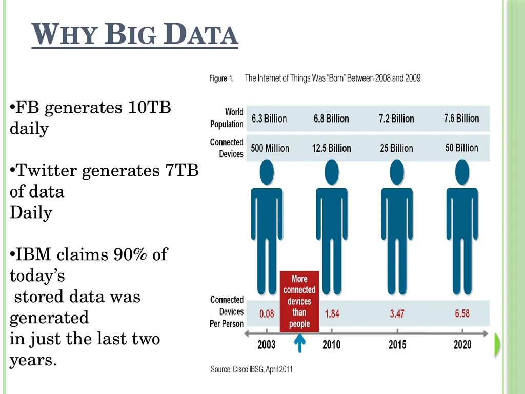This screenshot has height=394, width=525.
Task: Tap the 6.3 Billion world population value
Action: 269,119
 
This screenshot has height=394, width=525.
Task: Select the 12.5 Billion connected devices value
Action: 332,148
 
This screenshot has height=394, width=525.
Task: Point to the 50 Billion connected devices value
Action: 462,148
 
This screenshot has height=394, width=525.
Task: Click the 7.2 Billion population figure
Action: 396,119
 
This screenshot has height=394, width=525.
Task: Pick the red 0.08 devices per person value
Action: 267,314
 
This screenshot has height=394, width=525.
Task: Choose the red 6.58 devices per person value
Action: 462,313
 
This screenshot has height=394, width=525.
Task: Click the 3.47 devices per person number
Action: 397,314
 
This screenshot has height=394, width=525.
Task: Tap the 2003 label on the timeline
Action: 267,344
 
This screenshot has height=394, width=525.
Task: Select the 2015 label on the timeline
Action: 397,344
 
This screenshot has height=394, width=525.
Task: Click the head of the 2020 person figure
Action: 462,172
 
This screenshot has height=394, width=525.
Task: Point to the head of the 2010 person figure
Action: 332,172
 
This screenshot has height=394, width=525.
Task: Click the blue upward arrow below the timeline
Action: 299,343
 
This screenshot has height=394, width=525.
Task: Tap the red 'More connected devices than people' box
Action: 299,301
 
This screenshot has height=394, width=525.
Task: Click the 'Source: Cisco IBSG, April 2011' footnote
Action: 252,369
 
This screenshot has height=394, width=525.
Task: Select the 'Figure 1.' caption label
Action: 221,78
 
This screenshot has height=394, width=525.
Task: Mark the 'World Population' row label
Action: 227,118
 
